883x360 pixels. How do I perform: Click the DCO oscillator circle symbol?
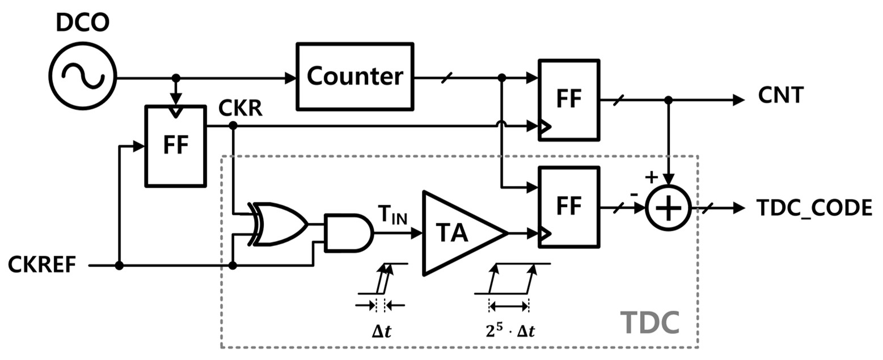click(82, 76)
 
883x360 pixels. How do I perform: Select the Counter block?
click(354, 76)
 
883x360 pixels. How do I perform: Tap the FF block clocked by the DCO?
click(176, 145)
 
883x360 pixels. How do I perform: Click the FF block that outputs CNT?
click(568, 99)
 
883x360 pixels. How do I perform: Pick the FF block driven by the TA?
click(568, 206)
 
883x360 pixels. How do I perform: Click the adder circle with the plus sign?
click(669, 208)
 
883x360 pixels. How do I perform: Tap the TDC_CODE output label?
click(814, 208)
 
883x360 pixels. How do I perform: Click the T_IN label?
click(392, 215)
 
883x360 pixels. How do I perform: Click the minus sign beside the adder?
click(633, 194)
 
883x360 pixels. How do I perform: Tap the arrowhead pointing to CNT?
click(738, 100)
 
